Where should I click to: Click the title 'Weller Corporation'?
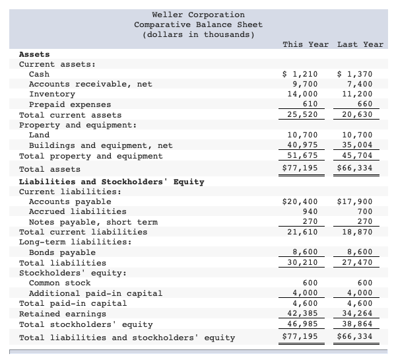198,15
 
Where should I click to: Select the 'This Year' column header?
305,44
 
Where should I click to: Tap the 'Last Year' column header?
360,44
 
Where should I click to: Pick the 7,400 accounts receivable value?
360,84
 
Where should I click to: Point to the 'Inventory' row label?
52,94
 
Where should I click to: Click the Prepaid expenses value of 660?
363,104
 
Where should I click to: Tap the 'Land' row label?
39,135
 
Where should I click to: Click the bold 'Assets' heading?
34,54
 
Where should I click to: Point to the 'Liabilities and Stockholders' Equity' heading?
112,181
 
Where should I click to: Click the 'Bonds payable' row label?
62,252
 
